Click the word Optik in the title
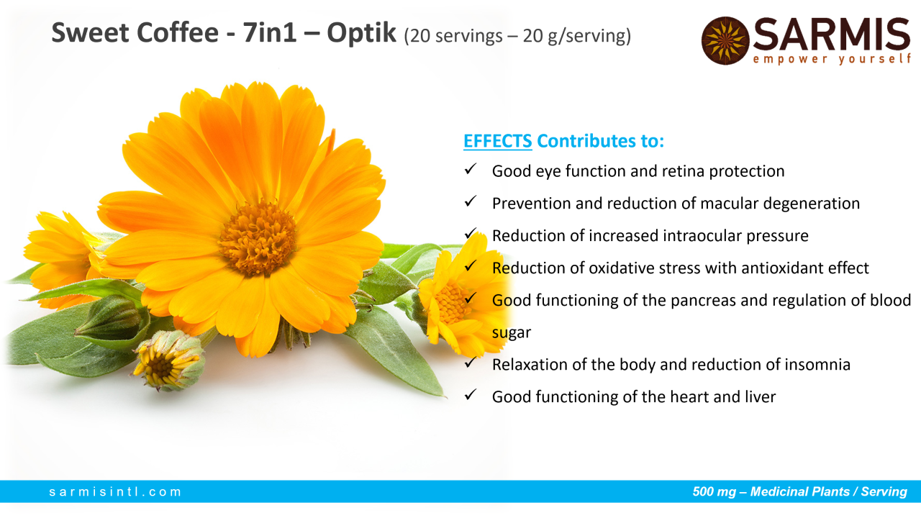coord(361,33)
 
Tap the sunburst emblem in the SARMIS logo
coord(725,41)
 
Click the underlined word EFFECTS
coord(497,141)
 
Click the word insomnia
coord(817,365)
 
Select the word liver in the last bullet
coord(761,396)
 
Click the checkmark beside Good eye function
coord(471,169)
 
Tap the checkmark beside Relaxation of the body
coord(471,362)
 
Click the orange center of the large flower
coord(258,237)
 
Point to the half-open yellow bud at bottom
coord(169,360)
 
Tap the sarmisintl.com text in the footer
coord(115,491)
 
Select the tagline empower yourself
coord(831,59)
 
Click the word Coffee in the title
coord(177,33)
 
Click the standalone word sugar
coord(512,333)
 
